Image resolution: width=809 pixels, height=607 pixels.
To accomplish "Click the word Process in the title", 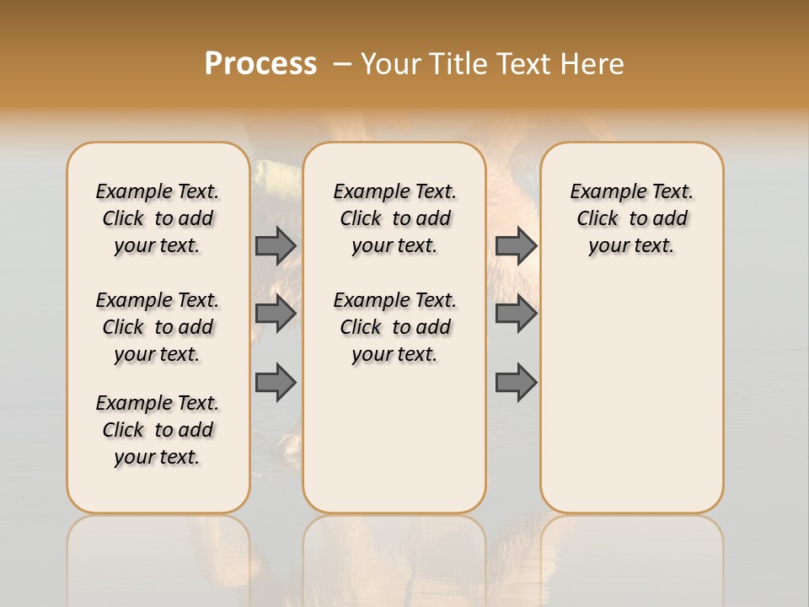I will coord(260,64).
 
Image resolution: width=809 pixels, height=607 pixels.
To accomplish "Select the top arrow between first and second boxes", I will coord(276,245).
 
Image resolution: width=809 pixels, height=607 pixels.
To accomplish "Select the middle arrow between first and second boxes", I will coord(276,314).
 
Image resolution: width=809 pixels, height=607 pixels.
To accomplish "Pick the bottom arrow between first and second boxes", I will coord(276,382).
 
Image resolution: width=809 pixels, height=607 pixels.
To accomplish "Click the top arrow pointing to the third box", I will coord(516,245).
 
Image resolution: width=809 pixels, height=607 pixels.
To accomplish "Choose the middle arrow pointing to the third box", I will coord(516,314).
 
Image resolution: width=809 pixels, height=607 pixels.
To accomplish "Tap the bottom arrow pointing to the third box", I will coord(516,382).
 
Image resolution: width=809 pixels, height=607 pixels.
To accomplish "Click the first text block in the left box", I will coord(158,218).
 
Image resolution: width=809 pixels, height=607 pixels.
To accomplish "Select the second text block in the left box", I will coord(158,327).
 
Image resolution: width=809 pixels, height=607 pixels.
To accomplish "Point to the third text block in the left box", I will coord(158,430).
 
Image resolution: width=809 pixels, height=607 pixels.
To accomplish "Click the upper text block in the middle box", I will coord(394,218).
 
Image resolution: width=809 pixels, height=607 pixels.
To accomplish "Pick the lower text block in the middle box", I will coord(394,327).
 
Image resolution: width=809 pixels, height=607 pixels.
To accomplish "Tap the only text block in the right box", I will coord(631,218).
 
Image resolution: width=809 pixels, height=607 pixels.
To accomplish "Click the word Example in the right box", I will coord(600,192).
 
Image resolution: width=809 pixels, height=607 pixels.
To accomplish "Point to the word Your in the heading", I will coord(388,64).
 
